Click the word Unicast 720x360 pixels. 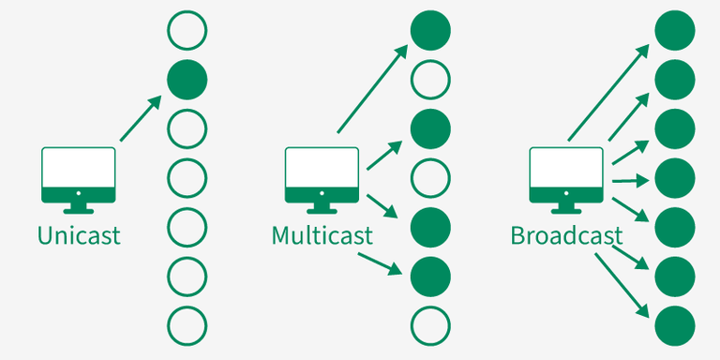(x=79, y=234)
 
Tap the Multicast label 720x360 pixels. (x=322, y=234)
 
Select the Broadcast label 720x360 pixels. (x=566, y=234)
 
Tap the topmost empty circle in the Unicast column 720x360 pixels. (x=187, y=29)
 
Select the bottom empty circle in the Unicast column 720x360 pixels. (x=187, y=324)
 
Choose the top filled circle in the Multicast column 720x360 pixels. (x=430, y=29)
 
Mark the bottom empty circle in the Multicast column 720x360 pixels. (x=430, y=324)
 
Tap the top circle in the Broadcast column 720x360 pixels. (x=674, y=29)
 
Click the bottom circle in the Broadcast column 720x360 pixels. (x=674, y=324)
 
